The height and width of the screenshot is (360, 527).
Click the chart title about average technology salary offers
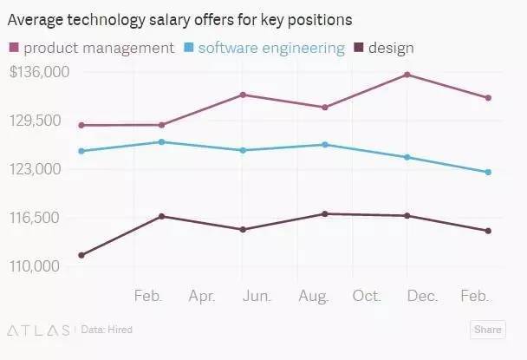[x=179, y=18]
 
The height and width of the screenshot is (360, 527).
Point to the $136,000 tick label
[x=39, y=72]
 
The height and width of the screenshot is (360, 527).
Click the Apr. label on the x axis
[x=202, y=297]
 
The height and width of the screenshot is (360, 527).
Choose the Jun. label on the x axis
[x=257, y=297]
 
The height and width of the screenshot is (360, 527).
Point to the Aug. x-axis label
[x=312, y=297]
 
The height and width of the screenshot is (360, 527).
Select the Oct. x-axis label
[x=368, y=297]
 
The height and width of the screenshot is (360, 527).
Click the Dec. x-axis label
[x=422, y=297]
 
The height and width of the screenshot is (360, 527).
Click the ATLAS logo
[x=38, y=330]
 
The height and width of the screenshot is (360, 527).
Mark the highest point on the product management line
[x=407, y=75]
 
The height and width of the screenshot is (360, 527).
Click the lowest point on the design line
[x=81, y=255]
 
